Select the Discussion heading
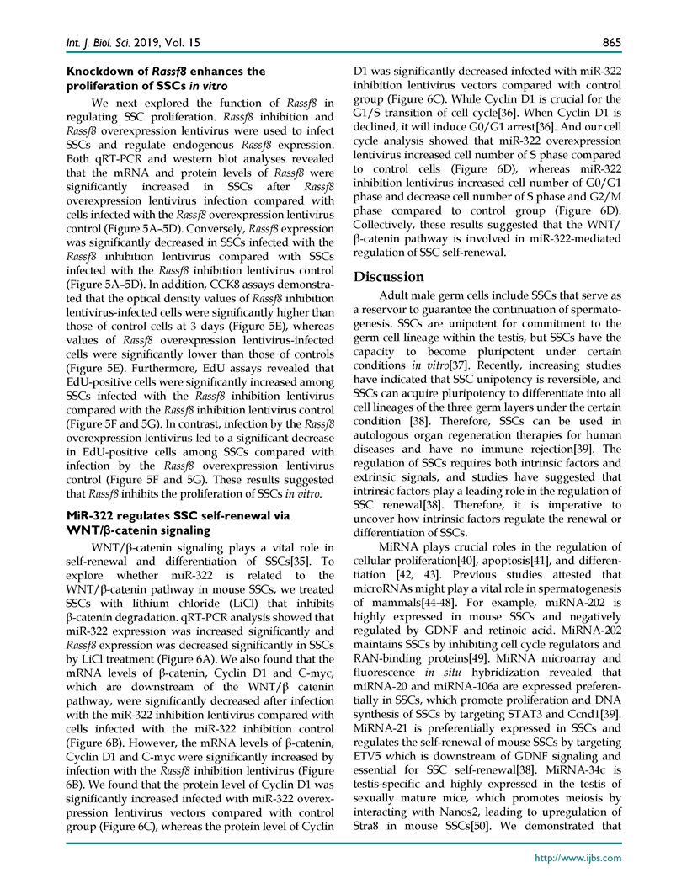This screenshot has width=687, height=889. [x=389, y=277]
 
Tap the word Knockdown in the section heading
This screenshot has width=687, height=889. [x=97, y=72]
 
